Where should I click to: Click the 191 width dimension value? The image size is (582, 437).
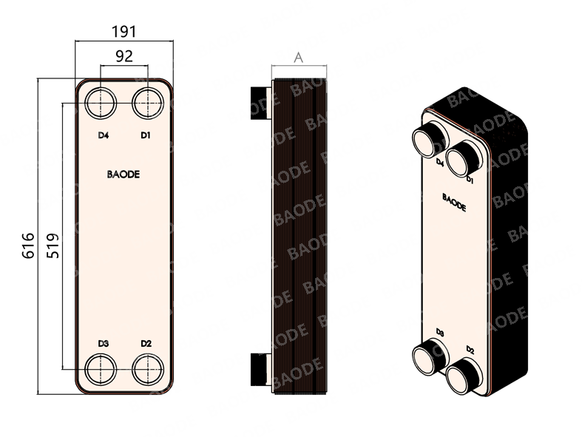(123, 32)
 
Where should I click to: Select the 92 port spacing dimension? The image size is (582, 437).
(123, 56)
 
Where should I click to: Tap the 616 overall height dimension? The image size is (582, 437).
(28, 245)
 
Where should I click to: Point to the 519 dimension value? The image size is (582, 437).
(52, 245)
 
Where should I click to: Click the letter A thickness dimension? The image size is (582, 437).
(298, 57)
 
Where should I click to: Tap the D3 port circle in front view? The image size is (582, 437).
(100, 367)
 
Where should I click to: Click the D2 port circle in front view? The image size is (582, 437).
(146, 367)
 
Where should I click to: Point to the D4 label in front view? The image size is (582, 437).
(104, 135)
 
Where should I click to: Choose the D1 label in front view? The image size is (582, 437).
(146, 135)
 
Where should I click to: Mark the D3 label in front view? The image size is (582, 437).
(104, 343)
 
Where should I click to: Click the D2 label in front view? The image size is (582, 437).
(146, 343)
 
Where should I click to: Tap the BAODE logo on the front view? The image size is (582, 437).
(123, 175)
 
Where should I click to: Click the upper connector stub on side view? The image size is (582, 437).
(260, 102)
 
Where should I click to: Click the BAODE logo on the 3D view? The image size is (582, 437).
(454, 202)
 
